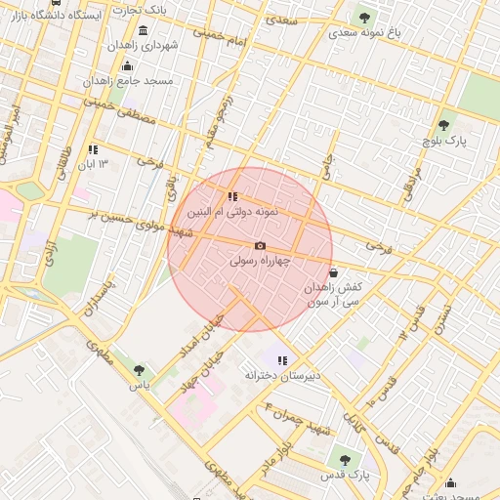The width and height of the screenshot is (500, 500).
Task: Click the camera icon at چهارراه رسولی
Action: (260, 246)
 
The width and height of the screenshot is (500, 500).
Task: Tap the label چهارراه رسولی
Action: (260, 262)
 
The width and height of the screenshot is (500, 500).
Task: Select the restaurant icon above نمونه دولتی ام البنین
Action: (232, 196)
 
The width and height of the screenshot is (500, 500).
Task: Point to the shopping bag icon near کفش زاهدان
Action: (335, 272)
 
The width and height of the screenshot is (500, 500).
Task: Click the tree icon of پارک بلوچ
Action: (443, 125)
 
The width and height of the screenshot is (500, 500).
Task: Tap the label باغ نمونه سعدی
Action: (365, 32)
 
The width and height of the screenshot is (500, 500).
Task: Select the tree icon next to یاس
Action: (139, 370)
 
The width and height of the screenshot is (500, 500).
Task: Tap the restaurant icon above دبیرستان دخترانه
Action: (282, 360)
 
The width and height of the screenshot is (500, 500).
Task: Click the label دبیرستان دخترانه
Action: (282, 376)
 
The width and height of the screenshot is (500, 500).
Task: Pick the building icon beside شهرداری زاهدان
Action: (144, 30)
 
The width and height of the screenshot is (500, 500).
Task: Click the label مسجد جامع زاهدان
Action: (128, 80)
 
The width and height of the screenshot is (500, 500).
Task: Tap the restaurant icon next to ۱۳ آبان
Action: (93, 149)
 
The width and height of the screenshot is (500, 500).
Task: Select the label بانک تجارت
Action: (139, 9)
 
